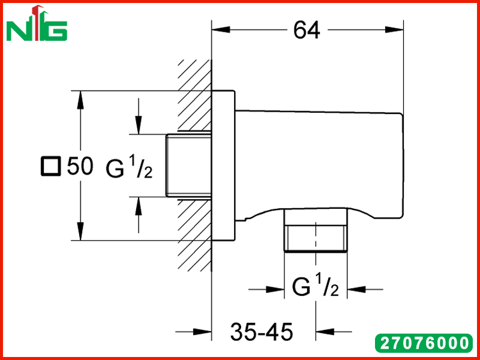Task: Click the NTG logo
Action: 37,23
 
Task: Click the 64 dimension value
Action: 307,30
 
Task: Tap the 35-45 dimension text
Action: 262,332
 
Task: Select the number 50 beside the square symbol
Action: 80,166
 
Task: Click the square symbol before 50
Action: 50,167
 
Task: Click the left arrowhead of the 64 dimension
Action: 221,29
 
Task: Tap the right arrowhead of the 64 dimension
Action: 394,29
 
